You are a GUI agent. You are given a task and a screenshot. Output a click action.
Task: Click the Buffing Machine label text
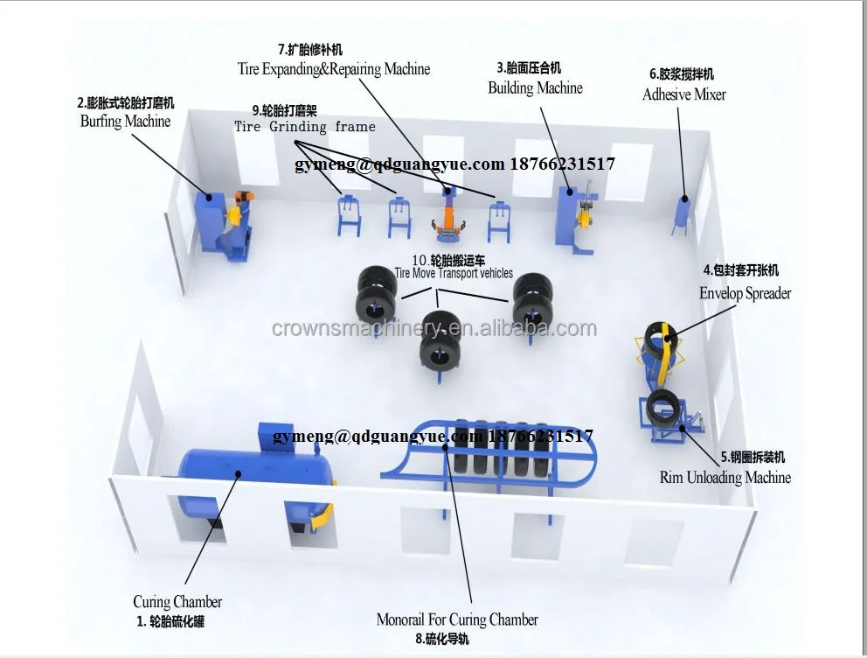[x=125, y=122]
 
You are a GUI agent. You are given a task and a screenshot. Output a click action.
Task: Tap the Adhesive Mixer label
[x=683, y=94]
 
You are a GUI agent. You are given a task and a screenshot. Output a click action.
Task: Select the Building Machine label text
[x=535, y=87]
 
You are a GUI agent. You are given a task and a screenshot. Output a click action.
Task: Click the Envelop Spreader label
[x=745, y=293]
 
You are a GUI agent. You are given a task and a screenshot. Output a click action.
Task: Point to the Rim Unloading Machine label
[x=725, y=478]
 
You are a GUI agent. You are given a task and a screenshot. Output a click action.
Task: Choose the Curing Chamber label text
[x=177, y=602]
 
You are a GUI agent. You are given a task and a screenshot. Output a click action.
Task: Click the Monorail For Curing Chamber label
[x=457, y=619]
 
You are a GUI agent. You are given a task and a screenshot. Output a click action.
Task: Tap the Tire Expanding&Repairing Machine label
[x=334, y=68]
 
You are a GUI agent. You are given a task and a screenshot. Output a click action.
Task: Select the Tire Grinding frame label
[x=304, y=127]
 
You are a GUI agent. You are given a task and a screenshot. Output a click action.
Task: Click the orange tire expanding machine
[x=448, y=215]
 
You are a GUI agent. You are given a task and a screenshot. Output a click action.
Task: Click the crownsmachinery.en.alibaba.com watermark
[x=433, y=329]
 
